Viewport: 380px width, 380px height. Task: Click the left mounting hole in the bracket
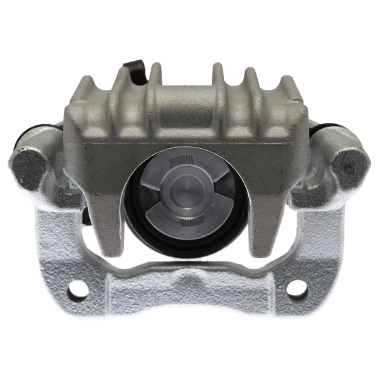pyautogui.click(x=80, y=290)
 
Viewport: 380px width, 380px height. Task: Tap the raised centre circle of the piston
pyautogui.click(x=187, y=190)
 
